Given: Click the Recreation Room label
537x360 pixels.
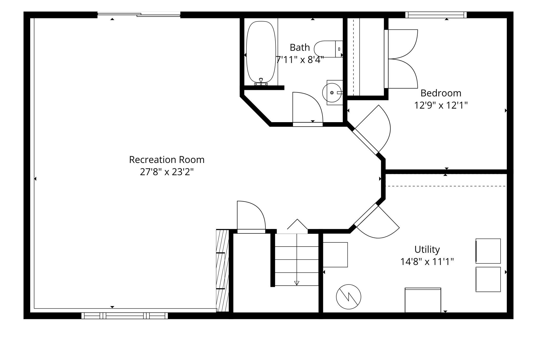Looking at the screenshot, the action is (167, 160).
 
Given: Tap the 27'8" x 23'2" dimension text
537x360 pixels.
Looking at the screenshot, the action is (167, 172).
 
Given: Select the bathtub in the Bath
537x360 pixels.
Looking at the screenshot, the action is (261, 53).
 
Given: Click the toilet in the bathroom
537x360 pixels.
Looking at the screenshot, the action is (328, 49).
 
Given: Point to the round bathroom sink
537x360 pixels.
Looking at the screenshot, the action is (332, 93).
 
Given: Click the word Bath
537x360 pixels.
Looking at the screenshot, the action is (300, 48).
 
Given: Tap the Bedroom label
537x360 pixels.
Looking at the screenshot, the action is (441, 93).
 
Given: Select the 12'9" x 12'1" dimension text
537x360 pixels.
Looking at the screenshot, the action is (441, 105).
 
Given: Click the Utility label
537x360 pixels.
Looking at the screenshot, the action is (427, 250).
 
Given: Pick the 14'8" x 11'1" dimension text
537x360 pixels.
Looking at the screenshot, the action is (427, 262).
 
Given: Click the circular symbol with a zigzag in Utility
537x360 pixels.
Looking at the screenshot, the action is (349, 297).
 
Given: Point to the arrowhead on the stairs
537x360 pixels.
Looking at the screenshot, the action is (297, 283).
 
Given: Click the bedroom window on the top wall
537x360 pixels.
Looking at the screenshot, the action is (436, 15).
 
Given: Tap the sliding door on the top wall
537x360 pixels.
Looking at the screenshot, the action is (139, 15).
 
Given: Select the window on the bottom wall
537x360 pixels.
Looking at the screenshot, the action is (124, 316).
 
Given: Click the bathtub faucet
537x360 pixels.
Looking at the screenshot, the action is (261, 82).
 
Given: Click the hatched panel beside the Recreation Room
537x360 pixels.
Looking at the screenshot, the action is (222, 270).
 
